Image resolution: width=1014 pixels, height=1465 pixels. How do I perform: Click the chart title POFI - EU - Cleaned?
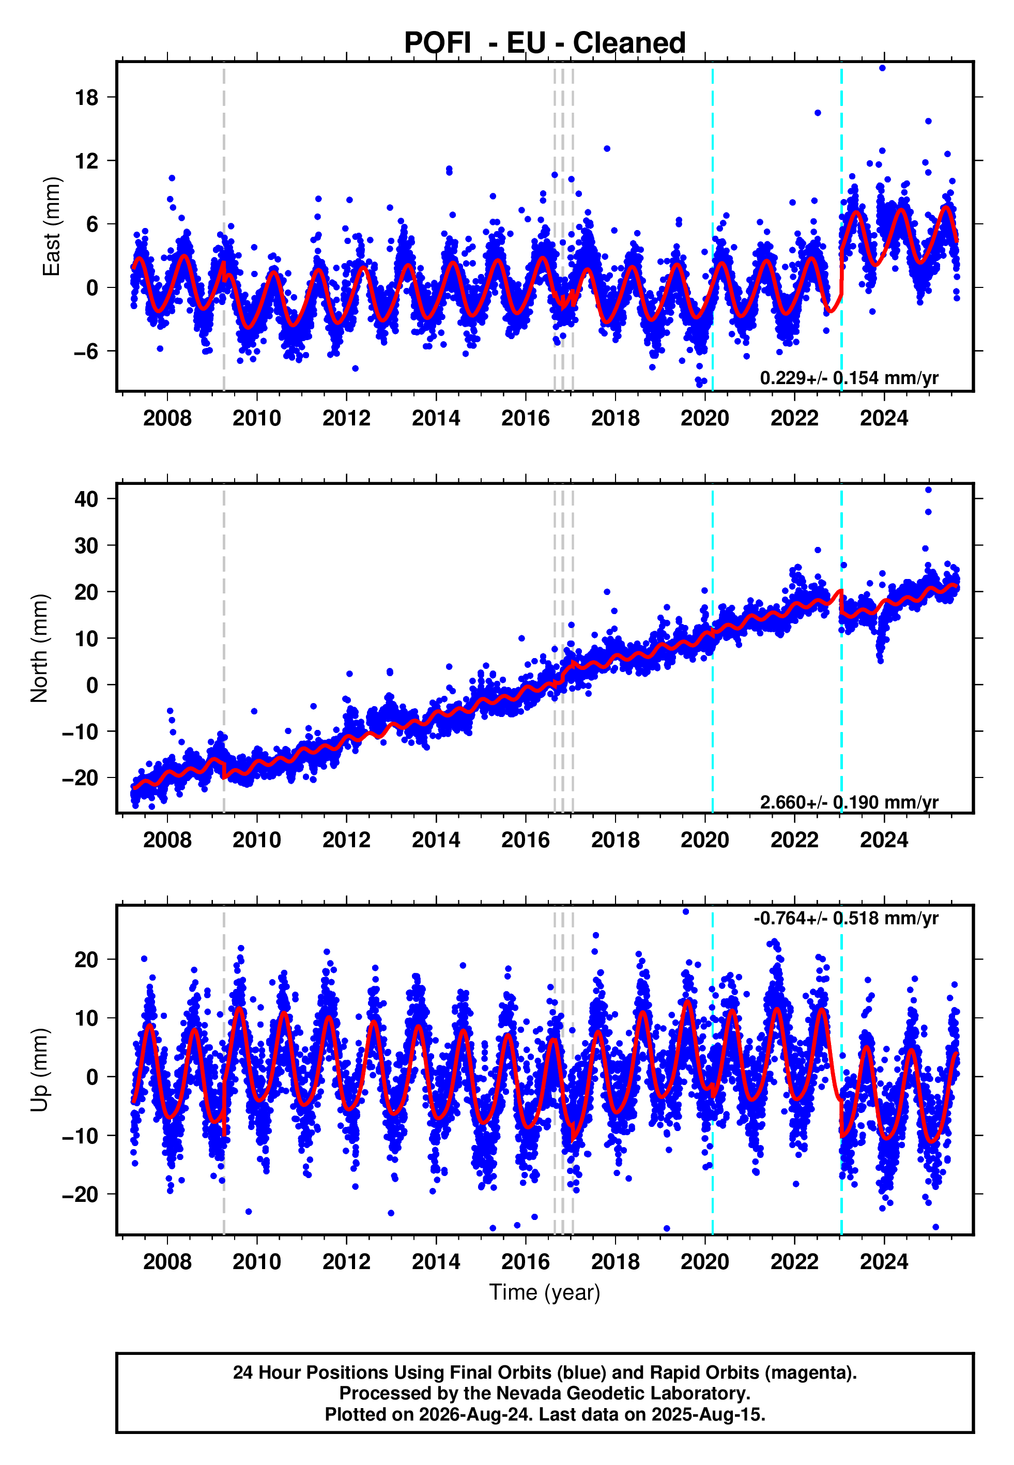[x=545, y=43]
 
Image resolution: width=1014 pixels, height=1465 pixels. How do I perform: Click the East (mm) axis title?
[x=51, y=227]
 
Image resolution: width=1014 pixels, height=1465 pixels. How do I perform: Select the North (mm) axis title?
[x=39, y=648]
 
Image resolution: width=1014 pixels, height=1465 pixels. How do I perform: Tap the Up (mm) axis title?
[x=39, y=1070]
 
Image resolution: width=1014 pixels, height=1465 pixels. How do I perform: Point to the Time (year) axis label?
[x=545, y=1292]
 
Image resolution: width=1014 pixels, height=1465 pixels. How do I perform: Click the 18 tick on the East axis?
[x=86, y=97]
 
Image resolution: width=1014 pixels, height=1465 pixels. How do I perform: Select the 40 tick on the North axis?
[x=86, y=499]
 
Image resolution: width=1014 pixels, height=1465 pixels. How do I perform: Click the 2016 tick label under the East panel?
[x=526, y=418]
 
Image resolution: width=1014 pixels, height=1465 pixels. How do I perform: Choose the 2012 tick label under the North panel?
[x=346, y=840]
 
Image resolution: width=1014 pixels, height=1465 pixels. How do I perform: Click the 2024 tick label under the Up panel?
[x=884, y=1262]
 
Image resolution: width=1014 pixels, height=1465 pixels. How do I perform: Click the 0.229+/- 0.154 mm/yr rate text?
[x=849, y=377]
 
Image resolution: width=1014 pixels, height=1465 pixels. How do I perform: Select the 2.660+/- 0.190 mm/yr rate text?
[x=849, y=802]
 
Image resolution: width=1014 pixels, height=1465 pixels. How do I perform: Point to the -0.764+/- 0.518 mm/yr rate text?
[x=846, y=918]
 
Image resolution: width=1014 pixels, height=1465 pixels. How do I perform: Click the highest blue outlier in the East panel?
[x=882, y=68]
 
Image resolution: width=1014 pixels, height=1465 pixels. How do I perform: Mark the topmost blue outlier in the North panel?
[x=928, y=490]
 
